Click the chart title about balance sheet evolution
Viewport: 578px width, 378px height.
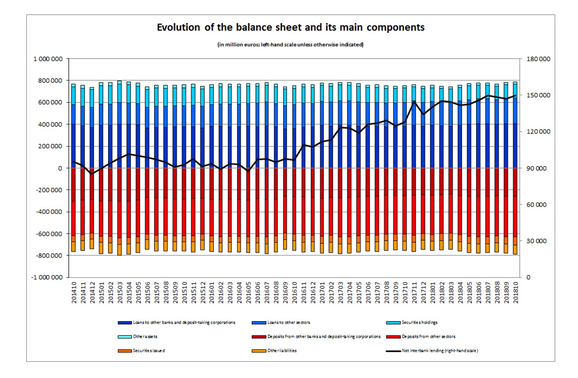tap(291, 28)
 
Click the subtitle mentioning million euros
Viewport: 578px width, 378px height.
tap(290, 44)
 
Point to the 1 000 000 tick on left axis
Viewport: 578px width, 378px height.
tap(49, 59)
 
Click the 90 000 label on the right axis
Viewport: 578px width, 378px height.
tap(531, 168)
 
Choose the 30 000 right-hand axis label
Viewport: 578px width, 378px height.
tap(531, 241)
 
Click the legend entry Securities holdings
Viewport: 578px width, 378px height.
tap(413, 322)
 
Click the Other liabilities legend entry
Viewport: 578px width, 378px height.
tap(282, 351)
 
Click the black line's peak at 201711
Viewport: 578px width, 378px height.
tap(414, 101)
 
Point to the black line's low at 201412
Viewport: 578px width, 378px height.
tap(92, 174)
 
